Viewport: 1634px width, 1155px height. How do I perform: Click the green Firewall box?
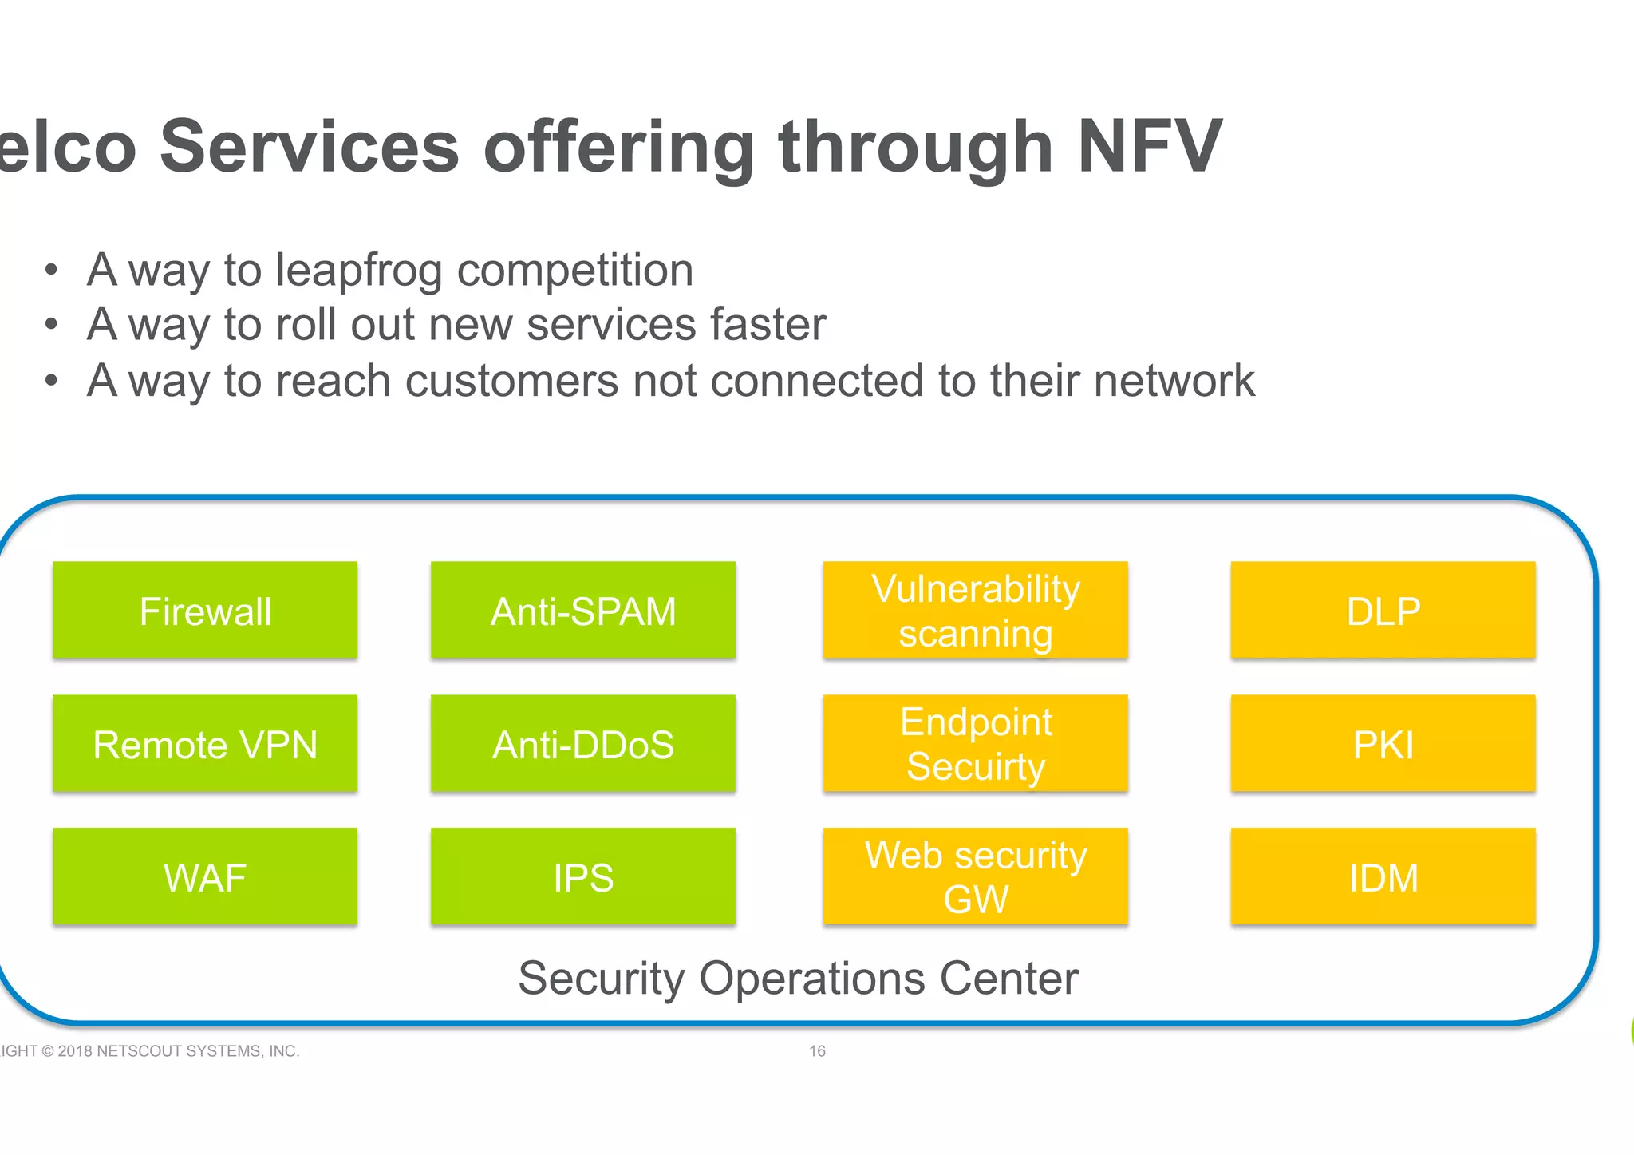205,611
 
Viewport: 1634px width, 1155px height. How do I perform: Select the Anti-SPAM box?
583,611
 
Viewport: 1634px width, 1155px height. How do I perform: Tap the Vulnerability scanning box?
975,611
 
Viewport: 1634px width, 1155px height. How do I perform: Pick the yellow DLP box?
1383,611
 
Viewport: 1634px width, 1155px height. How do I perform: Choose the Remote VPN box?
205,744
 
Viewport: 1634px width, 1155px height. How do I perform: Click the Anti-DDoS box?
583,744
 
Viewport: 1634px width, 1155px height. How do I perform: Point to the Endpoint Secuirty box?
975,744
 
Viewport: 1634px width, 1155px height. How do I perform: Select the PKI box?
1383,744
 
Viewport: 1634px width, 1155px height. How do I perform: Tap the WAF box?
205,877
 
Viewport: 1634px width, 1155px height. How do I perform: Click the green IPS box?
583,877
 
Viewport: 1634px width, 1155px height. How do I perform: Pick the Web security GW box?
975,877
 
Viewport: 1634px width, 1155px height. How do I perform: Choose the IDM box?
1383,877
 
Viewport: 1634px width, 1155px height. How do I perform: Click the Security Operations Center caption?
798,979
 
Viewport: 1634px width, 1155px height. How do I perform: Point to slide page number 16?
817,1051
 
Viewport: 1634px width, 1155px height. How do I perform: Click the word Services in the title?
310,146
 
